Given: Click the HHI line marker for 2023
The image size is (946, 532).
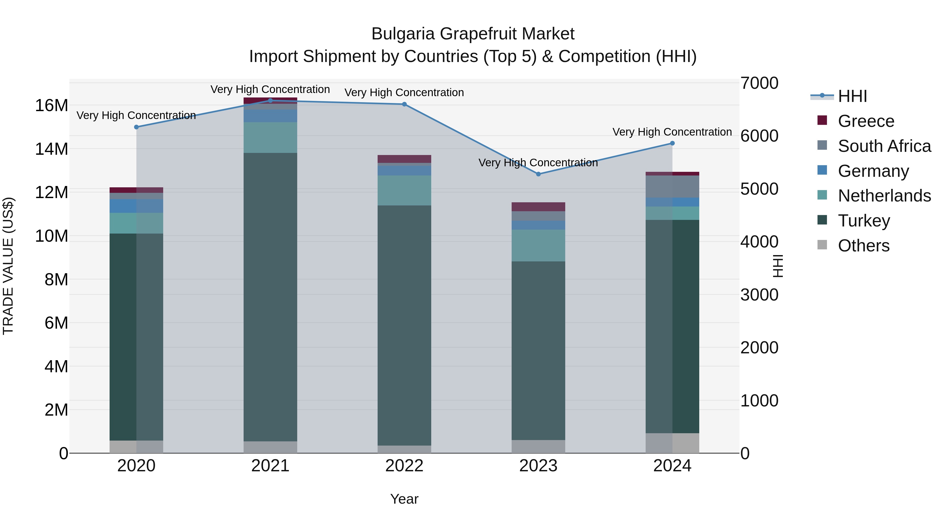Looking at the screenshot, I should (538, 174).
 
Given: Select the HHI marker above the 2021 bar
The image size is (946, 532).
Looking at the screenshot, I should (270, 100).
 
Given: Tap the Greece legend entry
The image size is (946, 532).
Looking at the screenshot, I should (866, 121).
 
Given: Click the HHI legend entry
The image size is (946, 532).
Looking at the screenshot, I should (852, 96).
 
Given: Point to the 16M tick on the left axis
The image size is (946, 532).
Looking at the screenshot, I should (52, 106).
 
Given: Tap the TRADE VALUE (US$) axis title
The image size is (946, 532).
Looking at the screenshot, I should (8, 266).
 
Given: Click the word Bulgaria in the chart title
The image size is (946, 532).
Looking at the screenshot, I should (403, 34).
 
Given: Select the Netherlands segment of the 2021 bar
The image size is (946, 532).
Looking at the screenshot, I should (270, 137).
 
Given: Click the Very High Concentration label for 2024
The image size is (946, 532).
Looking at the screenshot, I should (672, 132).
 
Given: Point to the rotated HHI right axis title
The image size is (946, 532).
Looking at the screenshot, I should (778, 266).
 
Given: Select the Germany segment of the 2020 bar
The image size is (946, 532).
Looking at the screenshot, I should (136, 206).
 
